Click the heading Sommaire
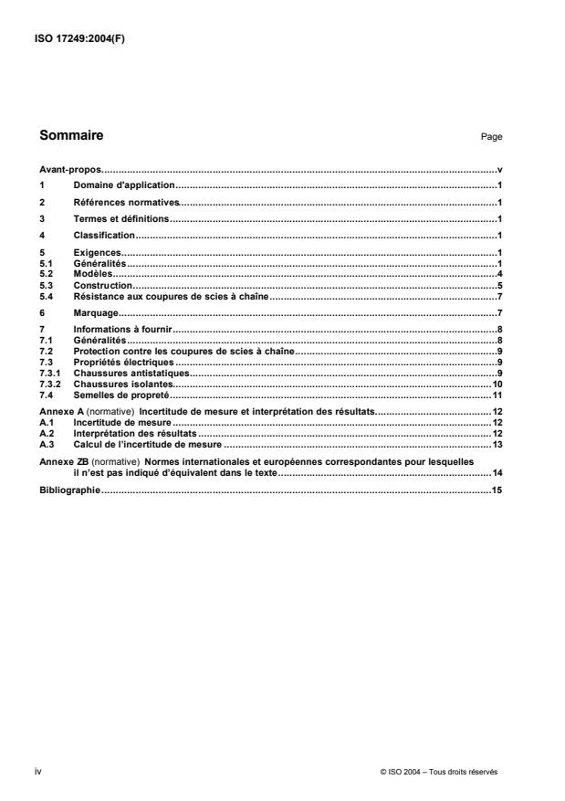[x=71, y=136]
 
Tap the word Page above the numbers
[x=491, y=137]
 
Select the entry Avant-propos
[x=69, y=170]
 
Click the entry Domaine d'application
[x=119, y=185]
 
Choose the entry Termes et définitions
[x=120, y=218]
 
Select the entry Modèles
[x=91, y=274]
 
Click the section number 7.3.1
[x=49, y=374]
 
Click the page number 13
[x=497, y=444]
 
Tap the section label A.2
[x=46, y=433]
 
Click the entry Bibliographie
[x=69, y=492]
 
